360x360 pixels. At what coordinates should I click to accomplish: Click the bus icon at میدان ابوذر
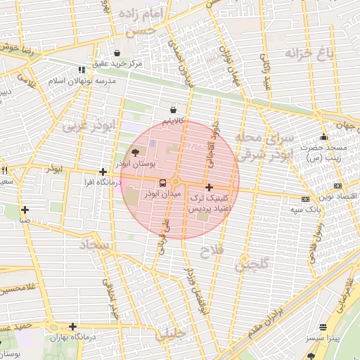(x=163, y=183)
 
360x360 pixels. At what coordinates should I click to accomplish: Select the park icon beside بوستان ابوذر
(x=136, y=153)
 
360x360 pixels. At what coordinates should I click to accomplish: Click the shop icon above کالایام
(x=174, y=110)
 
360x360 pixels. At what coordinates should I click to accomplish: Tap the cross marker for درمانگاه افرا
(x=103, y=172)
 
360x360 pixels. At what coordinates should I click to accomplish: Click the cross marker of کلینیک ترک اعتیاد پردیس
(x=209, y=187)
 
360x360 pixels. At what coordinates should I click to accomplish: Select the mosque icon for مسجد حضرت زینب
(x=323, y=136)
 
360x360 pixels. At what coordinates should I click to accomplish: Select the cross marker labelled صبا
(x=25, y=209)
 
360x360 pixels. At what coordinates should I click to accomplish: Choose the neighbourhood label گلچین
(x=252, y=266)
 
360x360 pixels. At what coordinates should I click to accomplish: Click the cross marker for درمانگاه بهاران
(x=73, y=326)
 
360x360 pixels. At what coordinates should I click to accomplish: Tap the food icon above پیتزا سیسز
(x=323, y=328)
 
